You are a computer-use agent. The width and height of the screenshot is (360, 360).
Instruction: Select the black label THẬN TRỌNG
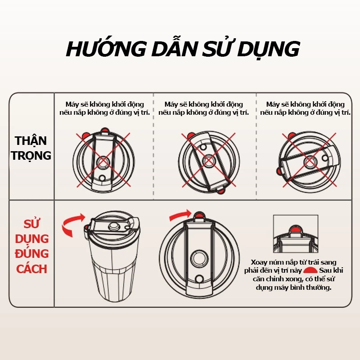click(31, 148)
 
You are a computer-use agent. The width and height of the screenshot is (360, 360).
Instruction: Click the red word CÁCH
click(31, 269)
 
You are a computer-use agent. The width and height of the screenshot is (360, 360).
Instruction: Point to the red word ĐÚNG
click(31, 253)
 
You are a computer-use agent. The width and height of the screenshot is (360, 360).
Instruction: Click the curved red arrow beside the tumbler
click(72, 225)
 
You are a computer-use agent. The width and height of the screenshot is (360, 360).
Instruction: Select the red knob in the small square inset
click(296, 229)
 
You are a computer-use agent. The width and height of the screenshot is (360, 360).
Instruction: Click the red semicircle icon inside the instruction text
click(310, 270)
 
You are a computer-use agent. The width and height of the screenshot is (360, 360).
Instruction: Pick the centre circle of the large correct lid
click(199, 258)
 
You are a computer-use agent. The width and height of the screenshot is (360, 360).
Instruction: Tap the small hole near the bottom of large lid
click(199, 279)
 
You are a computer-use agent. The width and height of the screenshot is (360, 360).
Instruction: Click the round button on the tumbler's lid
click(113, 226)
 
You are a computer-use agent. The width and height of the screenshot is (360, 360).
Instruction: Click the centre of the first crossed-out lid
click(103, 162)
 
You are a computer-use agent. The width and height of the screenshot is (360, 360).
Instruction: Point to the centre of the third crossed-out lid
click(310, 162)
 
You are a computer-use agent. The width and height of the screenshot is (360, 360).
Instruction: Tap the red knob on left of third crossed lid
click(279, 171)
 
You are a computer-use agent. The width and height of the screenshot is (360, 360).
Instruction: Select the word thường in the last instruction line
click(319, 287)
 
